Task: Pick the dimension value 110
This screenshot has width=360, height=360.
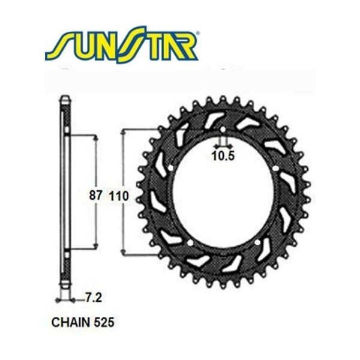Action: [119, 196]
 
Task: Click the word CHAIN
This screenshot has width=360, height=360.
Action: [67, 322]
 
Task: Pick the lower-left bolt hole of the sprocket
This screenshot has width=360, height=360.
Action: [189, 242]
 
